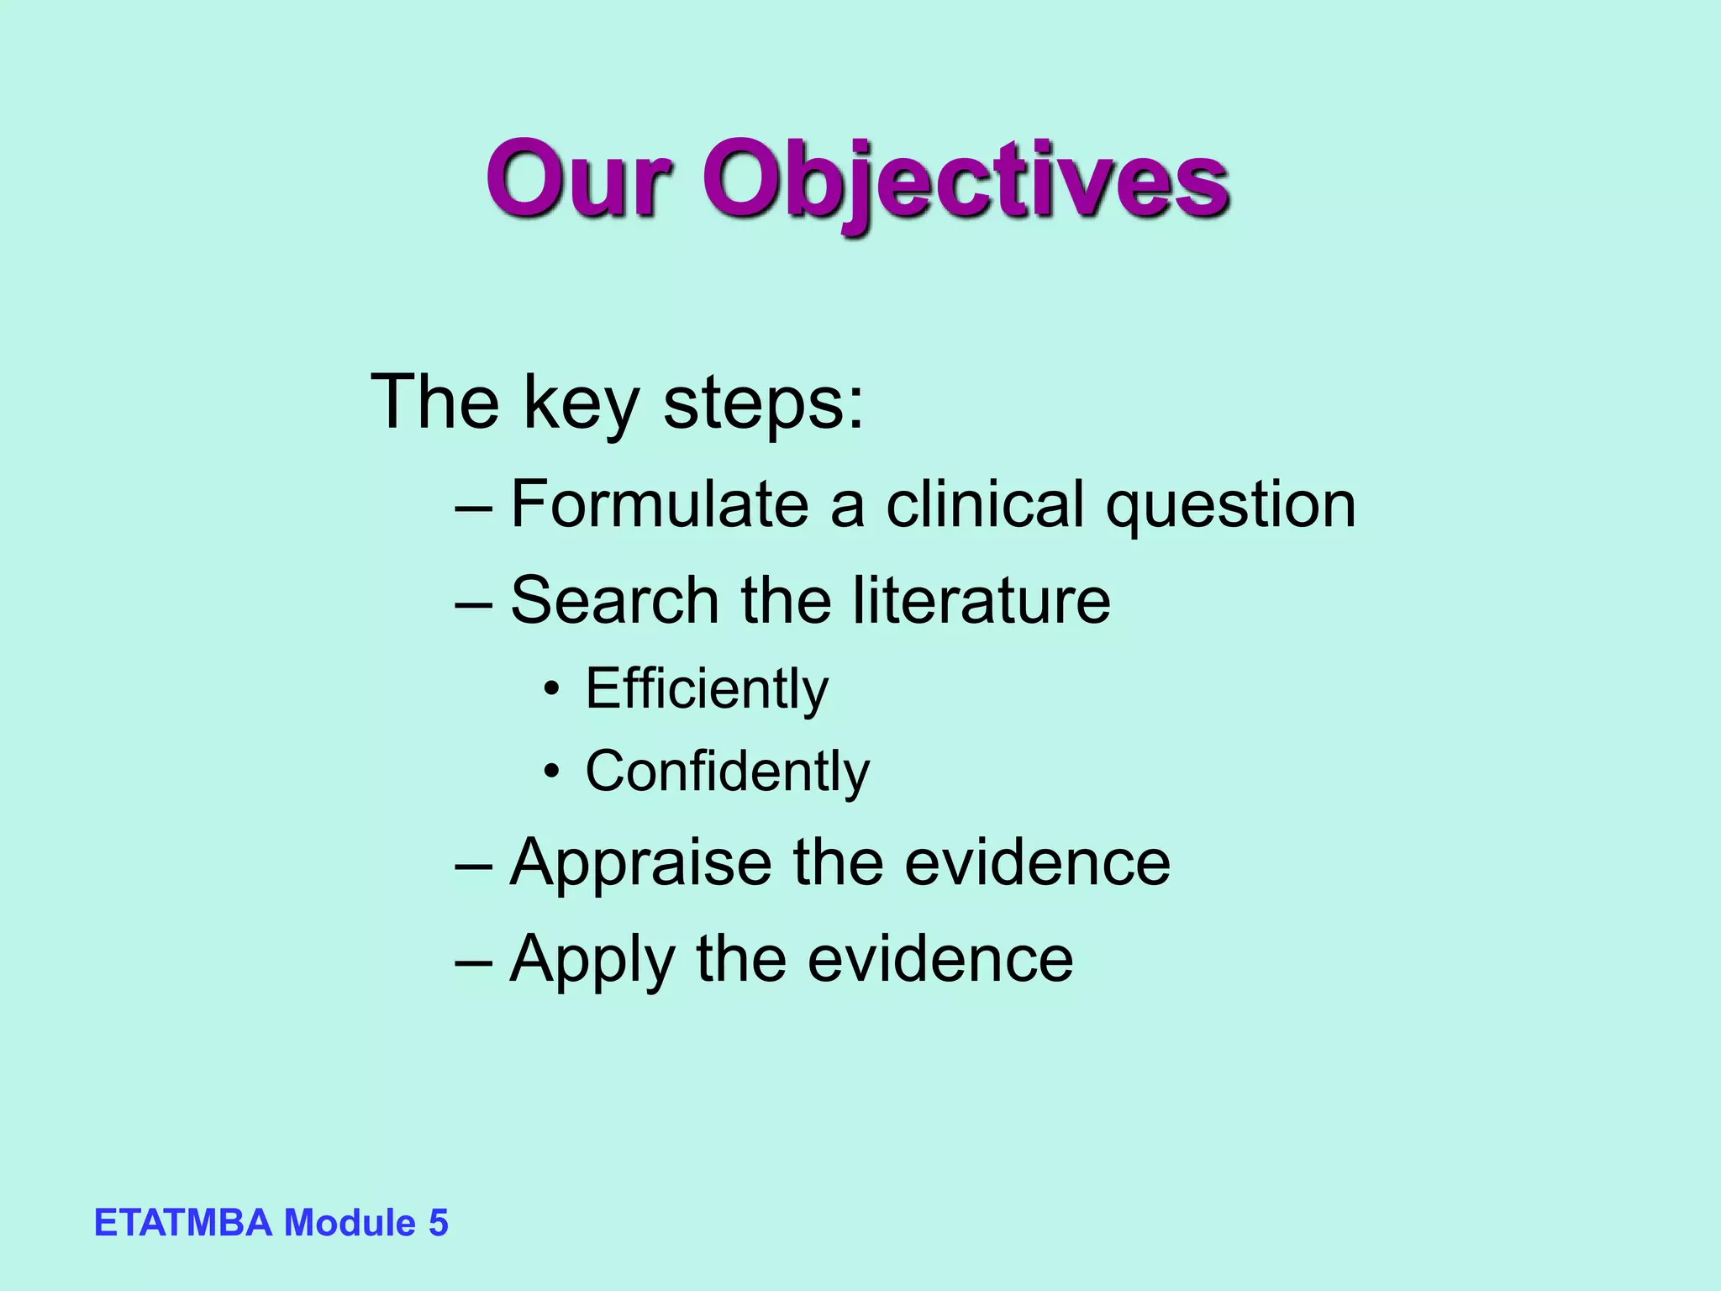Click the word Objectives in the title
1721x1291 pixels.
click(x=966, y=181)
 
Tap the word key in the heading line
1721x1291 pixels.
click(x=581, y=403)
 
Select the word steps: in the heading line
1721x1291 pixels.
click(x=763, y=403)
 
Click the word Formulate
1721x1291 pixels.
click(x=660, y=504)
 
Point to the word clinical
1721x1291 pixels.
click(x=985, y=504)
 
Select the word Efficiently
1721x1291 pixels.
click(x=707, y=689)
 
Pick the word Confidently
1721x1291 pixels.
click(x=727, y=771)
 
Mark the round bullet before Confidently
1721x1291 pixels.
click(x=551, y=772)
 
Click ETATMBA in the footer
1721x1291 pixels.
click(x=183, y=1223)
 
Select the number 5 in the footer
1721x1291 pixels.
click(x=439, y=1223)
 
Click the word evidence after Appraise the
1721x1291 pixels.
click(x=1037, y=864)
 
